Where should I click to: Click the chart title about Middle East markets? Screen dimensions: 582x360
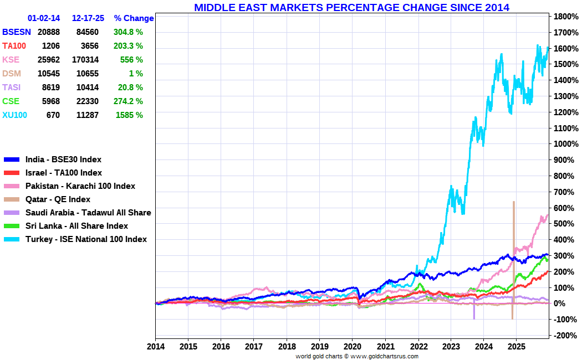[351, 7]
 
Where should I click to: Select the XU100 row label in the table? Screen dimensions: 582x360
[15, 115]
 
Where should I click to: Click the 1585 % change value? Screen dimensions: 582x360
[129, 115]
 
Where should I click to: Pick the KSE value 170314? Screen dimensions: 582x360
[88, 60]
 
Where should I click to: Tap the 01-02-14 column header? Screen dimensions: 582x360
[44, 18]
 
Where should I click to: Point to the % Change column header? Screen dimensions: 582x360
[134, 18]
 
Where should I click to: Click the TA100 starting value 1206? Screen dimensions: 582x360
[51, 46]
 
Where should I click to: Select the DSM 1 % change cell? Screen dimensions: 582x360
[136, 74]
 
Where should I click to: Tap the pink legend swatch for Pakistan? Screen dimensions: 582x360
[12, 186]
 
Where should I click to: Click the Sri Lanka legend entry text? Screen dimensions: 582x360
[76, 226]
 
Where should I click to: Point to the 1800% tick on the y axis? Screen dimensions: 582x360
[566, 16]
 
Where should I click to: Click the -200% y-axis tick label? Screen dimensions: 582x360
[566, 335]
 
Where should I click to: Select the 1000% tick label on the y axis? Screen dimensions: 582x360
[566, 144]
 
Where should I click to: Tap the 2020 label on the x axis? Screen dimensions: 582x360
[352, 347]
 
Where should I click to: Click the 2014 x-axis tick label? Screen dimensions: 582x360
[156, 347]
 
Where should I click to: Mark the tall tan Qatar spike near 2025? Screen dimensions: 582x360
[513, 260]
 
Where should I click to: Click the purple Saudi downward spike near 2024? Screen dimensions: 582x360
[474, 310]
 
